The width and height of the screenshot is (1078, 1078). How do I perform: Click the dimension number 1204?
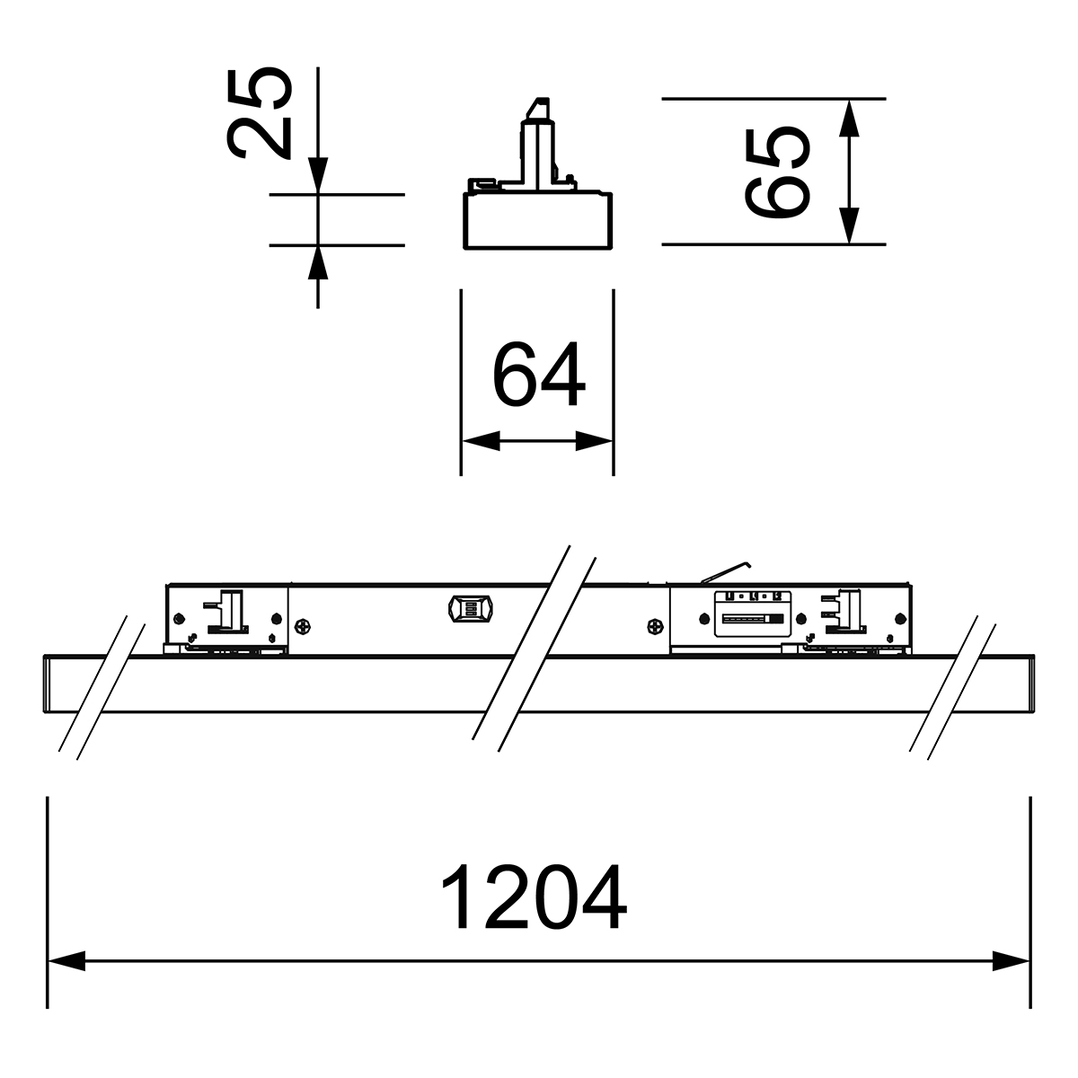(535, 897)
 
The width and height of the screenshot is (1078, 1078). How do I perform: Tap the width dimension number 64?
(539, 374)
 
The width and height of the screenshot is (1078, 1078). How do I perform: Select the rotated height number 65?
(777, 172)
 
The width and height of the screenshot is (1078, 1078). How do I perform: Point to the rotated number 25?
(260, 113)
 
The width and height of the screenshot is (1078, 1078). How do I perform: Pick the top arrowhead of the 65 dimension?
(849, 118)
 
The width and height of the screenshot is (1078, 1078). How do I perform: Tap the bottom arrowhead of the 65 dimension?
(849, 225)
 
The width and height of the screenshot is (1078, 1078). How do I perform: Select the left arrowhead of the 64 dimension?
(482, 441)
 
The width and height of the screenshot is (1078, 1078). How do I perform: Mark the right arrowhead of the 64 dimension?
(594, 441)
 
